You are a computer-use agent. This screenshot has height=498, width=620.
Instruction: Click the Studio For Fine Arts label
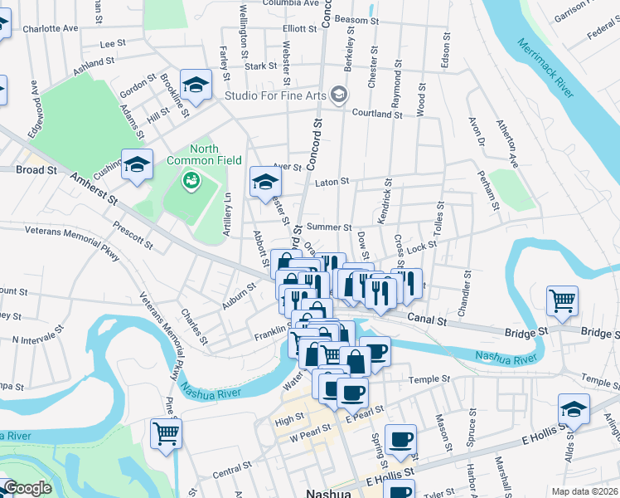point(275,95)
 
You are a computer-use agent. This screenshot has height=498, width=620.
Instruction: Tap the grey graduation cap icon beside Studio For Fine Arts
point(338,95)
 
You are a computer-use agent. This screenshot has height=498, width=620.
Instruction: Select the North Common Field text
point(192,154)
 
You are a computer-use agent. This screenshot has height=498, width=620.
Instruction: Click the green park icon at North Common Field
point(192,178)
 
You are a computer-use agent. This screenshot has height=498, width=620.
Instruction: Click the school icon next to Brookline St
point(196,85)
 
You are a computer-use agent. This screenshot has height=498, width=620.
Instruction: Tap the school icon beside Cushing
point(138,164)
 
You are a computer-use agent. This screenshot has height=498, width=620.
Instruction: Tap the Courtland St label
point(377,114)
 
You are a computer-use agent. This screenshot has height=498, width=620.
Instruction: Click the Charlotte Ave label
point(50,28)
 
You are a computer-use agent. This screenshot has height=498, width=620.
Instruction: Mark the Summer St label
point(329,227)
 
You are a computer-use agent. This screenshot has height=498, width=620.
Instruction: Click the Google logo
point(27,488)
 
